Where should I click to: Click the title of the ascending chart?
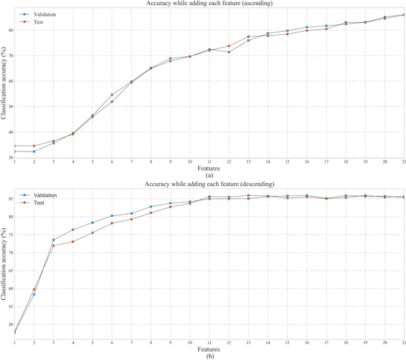point(209,3)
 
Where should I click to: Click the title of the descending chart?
point(209,183)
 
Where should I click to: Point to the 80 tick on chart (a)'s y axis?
point(10,30)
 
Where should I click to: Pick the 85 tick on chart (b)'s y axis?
point(10,199)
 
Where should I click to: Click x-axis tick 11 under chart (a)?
point(209,163)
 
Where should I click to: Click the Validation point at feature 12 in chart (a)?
point(229,52)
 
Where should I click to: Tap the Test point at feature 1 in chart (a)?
point(15,146)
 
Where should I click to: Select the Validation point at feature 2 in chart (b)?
point(34,295)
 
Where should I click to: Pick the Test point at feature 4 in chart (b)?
point(73,241)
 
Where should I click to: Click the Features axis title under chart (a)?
point(209,169)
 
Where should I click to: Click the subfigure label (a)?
point(209,176)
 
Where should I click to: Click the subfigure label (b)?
point(209,356)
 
